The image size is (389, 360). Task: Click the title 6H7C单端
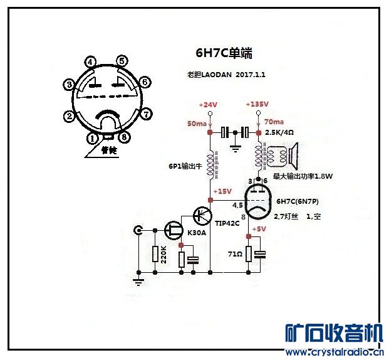tap(224, 53)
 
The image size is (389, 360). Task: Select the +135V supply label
tap(257, 104)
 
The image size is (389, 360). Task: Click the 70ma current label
tap(274, 122)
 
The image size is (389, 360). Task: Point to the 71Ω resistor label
tap(235, 255)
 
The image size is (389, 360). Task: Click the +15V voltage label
tap(222, 191)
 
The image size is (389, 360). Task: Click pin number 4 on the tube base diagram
tap(91, 62)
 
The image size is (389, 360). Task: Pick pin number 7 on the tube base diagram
tap(146, 114)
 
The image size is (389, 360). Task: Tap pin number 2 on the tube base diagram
tap(69, 116)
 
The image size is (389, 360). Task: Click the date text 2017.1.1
tap(251, 75)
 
